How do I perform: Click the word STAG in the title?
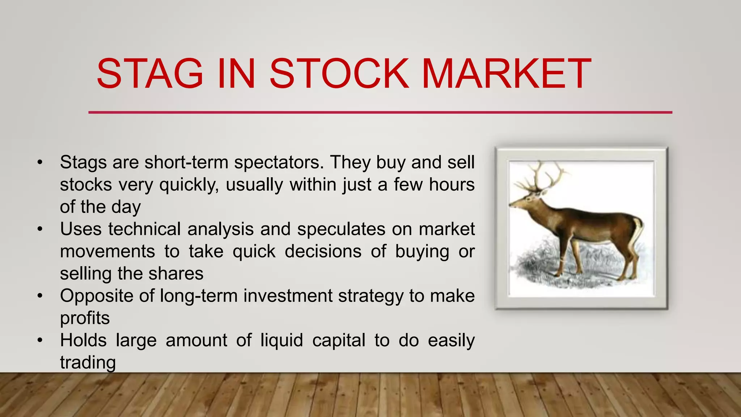point(150,74)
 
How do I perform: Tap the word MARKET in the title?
point(506,74)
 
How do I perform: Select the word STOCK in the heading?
point(339,74)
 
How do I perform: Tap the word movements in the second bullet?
point(107,251)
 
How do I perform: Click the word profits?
point(85,318)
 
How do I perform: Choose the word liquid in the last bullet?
point(281,341)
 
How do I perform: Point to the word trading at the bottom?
point(88,363)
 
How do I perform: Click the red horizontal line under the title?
point(380,113)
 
